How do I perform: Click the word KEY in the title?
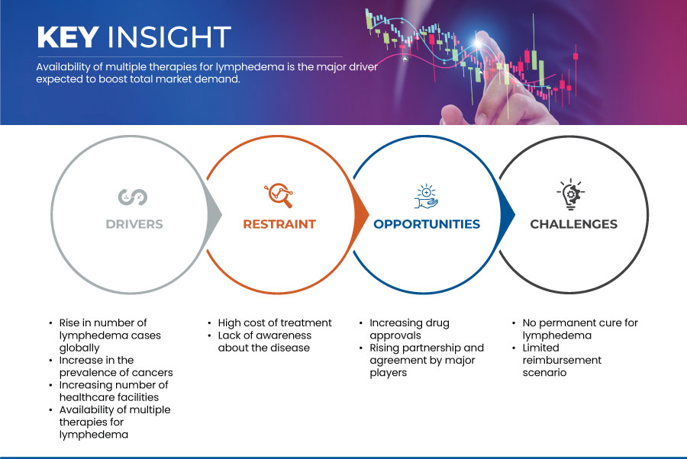coord(68,37)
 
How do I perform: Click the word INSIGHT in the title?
coord(169,37)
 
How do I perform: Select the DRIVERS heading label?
coord(134,224)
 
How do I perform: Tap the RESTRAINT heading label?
coord(279,224)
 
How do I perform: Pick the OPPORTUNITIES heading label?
coord(427,224)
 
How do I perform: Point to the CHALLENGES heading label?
coord(573,224)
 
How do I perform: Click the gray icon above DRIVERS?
coord(133,197)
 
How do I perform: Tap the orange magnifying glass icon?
coord(279,195)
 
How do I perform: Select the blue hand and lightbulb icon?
coord(426,197)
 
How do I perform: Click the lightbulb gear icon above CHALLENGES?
coord(571,194)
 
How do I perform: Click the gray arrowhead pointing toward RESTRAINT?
coord(214,214)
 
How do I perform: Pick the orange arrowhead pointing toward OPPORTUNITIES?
coord(362,214)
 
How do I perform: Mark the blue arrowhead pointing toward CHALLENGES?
coord(508,214)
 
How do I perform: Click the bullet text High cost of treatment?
coord(275,323)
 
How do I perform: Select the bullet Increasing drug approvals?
coord(409,329)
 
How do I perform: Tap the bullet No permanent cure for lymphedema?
coord(580,329)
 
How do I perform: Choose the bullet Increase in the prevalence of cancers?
coord(116,366)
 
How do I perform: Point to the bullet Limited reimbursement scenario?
coord(562,360)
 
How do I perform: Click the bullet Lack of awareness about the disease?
coord(265,342)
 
